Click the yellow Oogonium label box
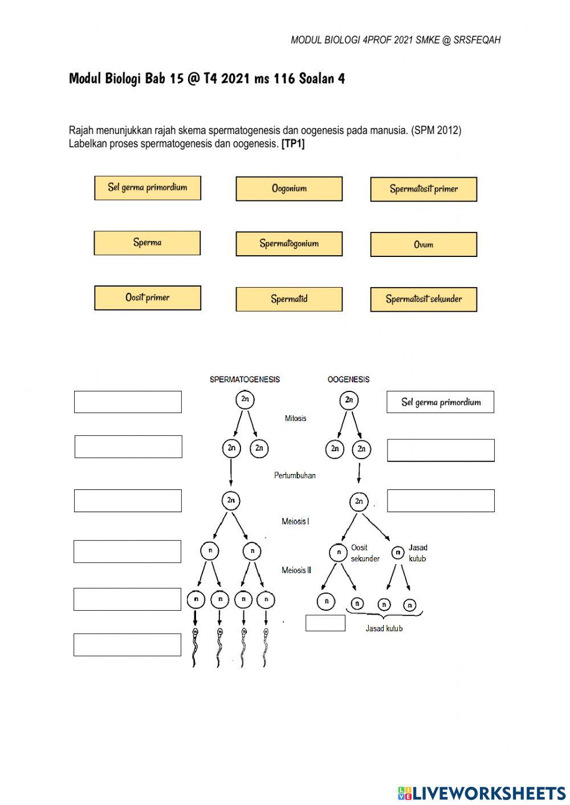point(289,189)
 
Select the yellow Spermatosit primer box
point(424,189)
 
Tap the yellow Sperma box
point(147,243)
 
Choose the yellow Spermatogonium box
point(289,244)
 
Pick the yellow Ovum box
point(424,244)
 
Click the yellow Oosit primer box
point(148,298)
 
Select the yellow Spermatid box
point(289,299)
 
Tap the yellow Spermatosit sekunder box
point(424,299)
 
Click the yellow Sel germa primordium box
point(148,188)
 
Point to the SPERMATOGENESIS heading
point(245,379)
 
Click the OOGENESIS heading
point(348,379)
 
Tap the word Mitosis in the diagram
point(295,418)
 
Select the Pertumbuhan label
point(295,475)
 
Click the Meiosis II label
point(296,570)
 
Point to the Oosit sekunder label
point(365,553)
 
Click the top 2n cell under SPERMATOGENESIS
point(245,399)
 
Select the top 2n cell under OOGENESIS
point(349,400)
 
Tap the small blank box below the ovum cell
point(325,623)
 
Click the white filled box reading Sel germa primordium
point(440,402)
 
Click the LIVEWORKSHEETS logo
point(482,792)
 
